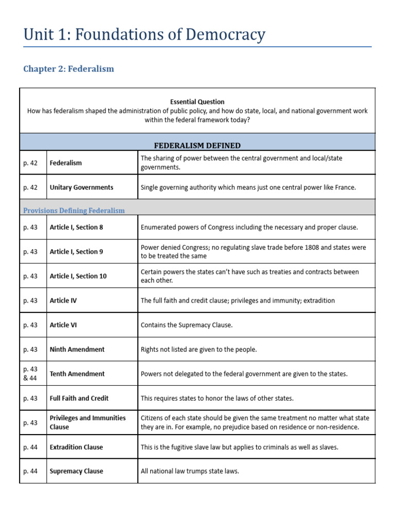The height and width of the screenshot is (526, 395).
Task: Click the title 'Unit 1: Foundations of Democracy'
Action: pos(145,34)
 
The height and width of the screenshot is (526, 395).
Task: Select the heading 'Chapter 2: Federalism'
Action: pos(68,69)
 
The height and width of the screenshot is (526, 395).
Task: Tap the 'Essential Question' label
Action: pos(197,102)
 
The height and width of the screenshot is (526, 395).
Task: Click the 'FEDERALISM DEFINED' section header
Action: pos(197,145)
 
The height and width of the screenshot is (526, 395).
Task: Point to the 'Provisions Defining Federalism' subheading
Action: pos(74,211)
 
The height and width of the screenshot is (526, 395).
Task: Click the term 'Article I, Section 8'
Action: pos(76,227)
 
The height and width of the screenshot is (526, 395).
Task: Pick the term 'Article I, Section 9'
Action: pos(76,252)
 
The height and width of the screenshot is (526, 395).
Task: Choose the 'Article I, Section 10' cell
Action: pos(78,276)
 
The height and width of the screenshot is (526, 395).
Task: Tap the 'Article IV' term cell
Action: pos(63,300)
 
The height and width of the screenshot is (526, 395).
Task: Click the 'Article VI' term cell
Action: pos(63,325)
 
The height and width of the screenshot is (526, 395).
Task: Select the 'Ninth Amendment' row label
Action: pos(77,349)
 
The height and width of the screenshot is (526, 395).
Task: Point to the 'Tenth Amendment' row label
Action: pos(77,374)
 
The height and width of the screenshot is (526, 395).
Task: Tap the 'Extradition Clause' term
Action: pos(76,447)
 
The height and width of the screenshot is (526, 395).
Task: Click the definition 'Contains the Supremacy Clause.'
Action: pos(187,325)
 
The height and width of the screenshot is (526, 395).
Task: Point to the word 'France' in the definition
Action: pos(344,187)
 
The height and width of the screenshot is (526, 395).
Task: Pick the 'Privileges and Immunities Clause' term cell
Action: pos(87,422)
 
